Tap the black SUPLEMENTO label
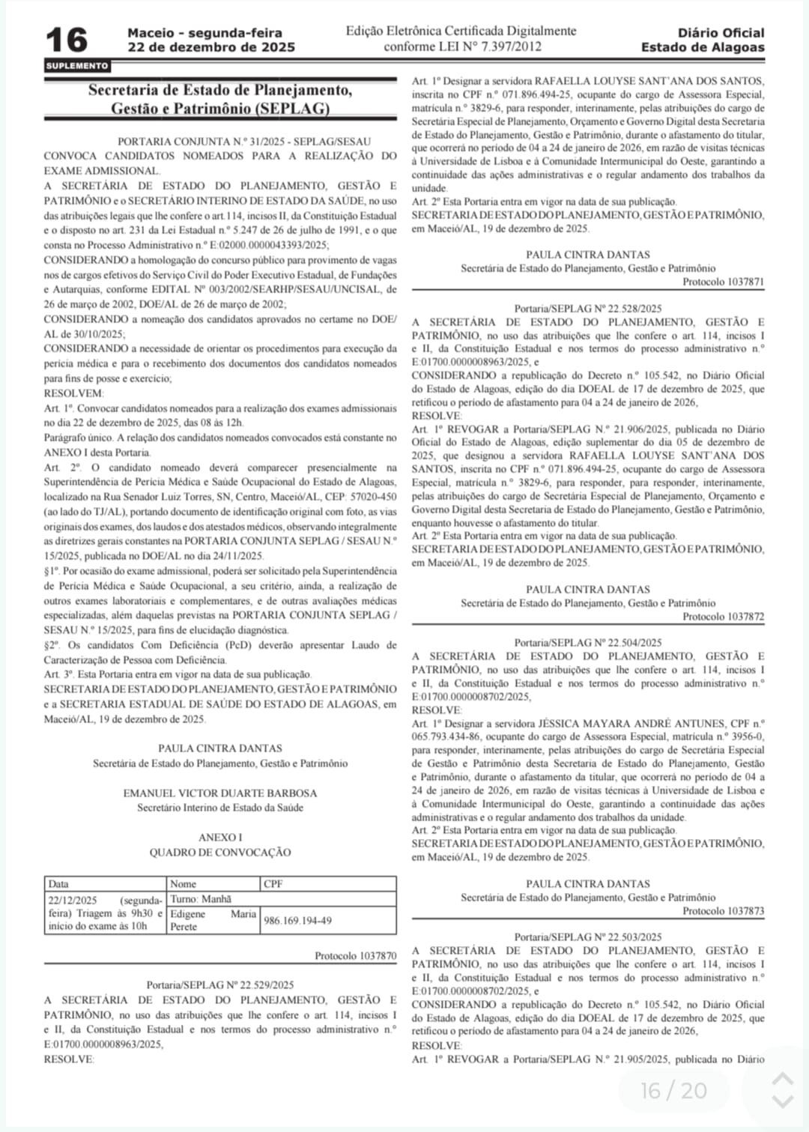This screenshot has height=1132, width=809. (77, 66)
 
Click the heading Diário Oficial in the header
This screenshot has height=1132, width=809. (721, 33)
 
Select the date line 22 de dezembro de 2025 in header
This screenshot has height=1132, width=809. (211, 47)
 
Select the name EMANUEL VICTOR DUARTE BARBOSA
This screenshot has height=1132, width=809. (220, 793)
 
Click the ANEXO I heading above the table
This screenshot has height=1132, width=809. (220, 838)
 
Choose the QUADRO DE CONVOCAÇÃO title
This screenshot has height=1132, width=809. (220, 853)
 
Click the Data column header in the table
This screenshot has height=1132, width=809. (58, 884)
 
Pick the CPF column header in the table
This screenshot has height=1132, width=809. (273, 884)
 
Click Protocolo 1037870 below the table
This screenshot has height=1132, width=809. (355, 956)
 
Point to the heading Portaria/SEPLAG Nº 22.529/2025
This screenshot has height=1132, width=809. (220, 985)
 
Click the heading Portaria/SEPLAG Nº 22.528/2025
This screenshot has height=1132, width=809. (588, 308)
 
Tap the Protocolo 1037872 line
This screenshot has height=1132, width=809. (723, 617)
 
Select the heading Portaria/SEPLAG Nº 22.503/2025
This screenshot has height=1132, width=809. (588, 937)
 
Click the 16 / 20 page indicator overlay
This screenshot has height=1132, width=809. (673, 1090)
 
